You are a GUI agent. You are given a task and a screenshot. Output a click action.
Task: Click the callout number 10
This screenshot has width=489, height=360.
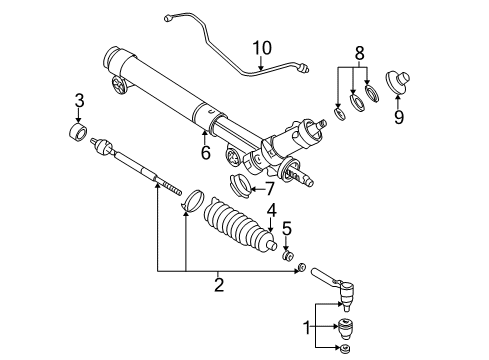[261, 48]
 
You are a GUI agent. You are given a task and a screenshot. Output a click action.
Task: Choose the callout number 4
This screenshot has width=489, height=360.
[271, 211]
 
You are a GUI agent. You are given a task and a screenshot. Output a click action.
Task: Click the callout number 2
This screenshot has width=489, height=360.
[219, 285]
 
